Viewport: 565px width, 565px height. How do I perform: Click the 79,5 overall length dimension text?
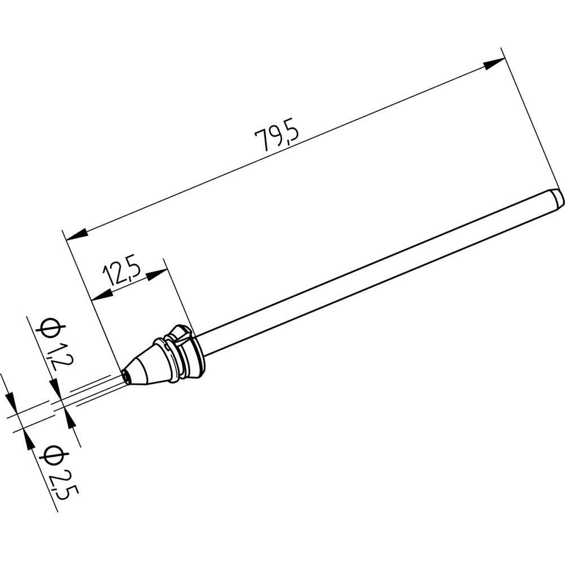pyautogui.click(x=276, y=137)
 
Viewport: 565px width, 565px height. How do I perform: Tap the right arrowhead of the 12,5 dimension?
pyautogui.click(x=158, y=274)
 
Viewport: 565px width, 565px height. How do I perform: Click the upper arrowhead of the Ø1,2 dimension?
pyautogui.click(x=56, y=389)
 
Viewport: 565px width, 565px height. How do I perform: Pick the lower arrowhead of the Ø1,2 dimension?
pyautogui.click(x=70, y=419)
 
